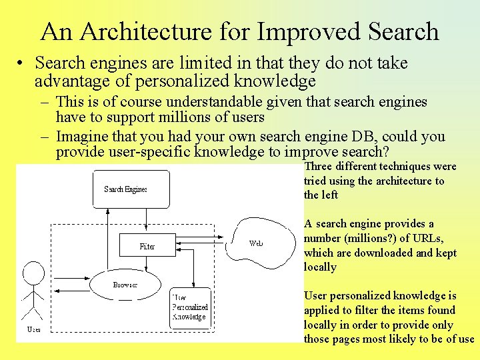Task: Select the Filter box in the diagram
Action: (147, 246)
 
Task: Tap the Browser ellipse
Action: (125, 285)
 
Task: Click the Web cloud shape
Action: (257, 243)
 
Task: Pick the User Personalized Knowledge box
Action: (191, 307)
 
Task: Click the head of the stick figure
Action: (33, 272)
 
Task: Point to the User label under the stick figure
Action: (33, 330)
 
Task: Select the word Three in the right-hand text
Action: (318, 167)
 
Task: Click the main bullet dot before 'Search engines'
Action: (22, 63)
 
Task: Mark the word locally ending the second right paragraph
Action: (320, 267)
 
